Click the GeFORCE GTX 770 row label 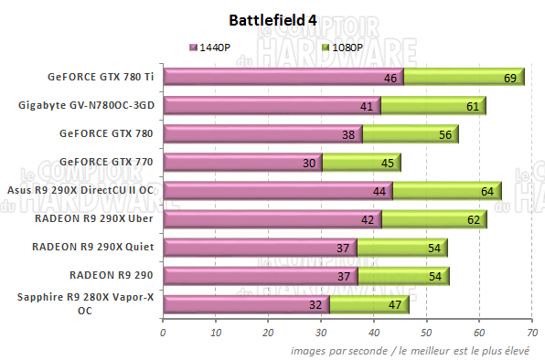click(106, 162)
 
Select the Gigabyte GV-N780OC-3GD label click(86, 105)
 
